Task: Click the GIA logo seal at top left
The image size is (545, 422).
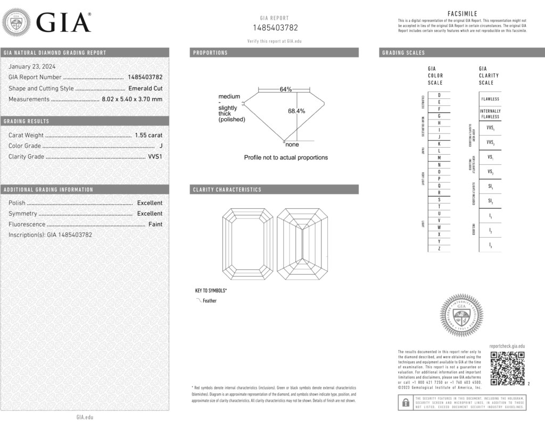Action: point(16,23)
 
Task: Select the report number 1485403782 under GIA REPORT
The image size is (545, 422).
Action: point(275,28)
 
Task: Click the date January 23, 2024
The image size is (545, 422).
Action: point(32,66)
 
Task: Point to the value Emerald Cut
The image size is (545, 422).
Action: point(145,88)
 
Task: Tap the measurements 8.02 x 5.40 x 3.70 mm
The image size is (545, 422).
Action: point(132,99)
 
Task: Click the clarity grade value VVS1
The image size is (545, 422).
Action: point(155,157)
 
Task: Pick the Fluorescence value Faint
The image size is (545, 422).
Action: point(155,224)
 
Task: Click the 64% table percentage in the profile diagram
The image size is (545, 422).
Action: point(286,89)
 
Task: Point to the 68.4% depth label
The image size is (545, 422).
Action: point(296,111)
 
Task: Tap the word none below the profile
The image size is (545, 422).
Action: point(292,145)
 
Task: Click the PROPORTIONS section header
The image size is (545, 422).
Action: point(210,53)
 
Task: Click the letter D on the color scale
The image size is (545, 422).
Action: point(439,95)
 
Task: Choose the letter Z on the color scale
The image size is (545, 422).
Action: point(439,248)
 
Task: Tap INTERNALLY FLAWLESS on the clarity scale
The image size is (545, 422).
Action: point(490,114)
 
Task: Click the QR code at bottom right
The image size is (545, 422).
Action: point(507,368)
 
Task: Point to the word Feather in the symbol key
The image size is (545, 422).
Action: point(210,301)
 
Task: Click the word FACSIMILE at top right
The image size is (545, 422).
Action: point(462,14)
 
